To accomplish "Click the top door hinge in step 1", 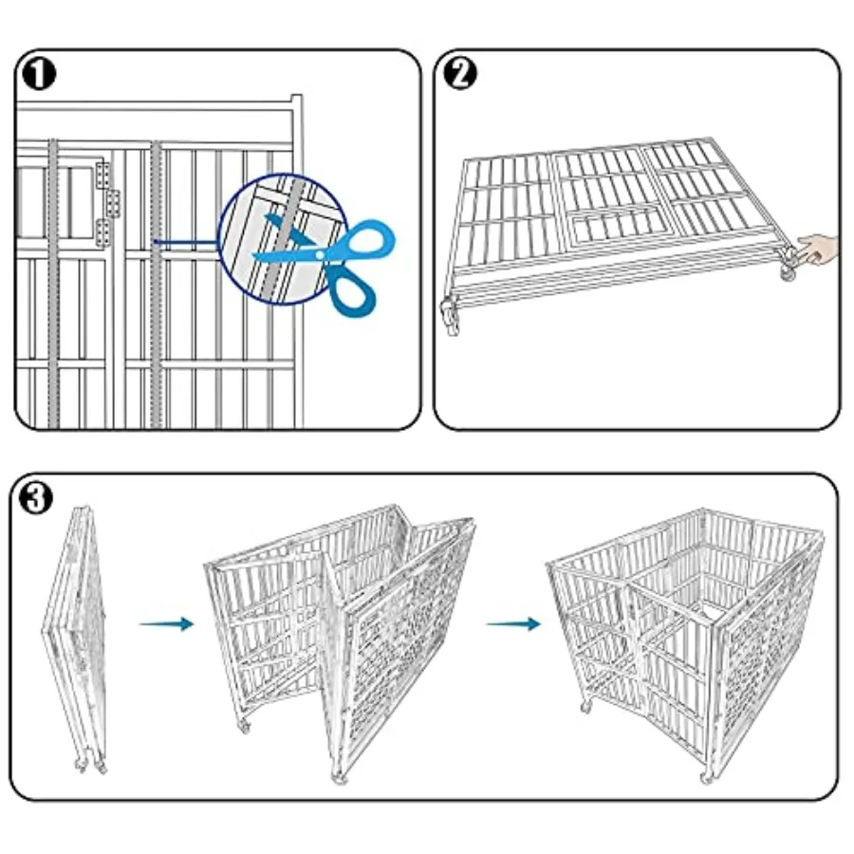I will (x=102, y=175).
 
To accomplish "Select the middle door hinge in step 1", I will (x=113, y=201).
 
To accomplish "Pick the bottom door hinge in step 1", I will (x=102, y=229).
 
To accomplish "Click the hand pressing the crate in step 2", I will (x=821, y=251).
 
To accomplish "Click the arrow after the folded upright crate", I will (x=166, y=623).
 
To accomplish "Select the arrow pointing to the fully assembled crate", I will (x=513, y=623).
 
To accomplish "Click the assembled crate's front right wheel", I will (x=706, y=777).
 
